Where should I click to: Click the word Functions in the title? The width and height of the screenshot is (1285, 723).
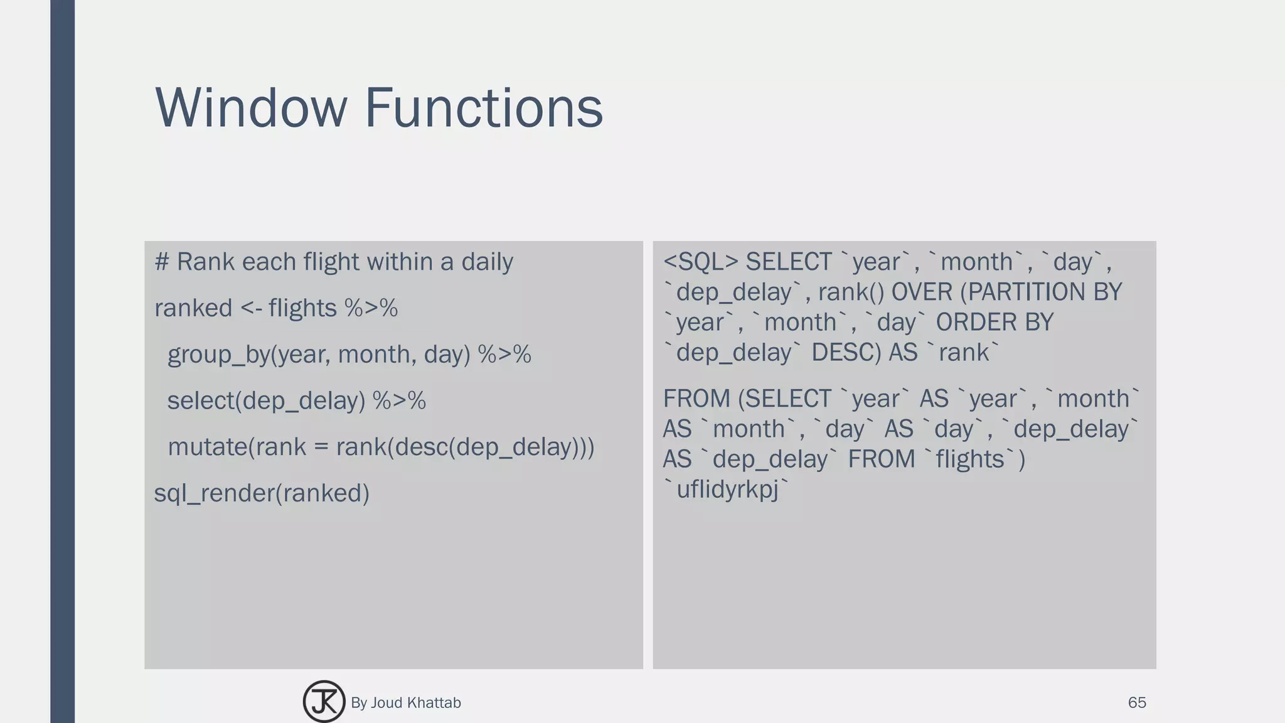tap(484, 108)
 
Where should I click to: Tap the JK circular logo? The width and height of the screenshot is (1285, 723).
tap(324, 702)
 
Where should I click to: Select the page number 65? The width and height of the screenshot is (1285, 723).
tap(1136, 702)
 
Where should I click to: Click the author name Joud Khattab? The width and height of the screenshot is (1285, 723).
tap(415, 703)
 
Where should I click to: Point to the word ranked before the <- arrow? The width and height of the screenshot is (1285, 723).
tap(193, 308)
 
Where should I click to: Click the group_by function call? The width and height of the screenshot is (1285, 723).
tap(318, 355)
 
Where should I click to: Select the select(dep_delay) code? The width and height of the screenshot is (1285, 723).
tap(266, 400)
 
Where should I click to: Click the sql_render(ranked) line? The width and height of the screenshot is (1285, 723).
tap(262, 493)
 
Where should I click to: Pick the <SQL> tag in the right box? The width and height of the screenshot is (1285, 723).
tap(700, 262)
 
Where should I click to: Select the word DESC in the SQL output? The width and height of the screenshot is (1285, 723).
tap(846, 352)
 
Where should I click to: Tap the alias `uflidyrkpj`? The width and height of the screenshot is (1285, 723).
tap(727, 489)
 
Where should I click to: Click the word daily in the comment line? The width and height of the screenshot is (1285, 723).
tap(487, 262)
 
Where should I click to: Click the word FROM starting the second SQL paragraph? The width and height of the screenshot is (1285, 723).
tap(696, 399)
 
